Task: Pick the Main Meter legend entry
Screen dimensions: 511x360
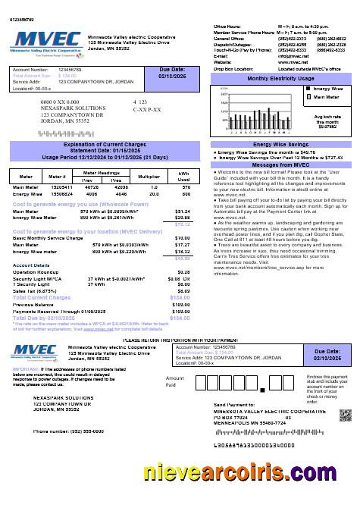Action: [328, 97]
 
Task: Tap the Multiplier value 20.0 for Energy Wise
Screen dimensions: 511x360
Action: [154, 193]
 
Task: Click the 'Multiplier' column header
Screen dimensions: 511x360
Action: [155, 175]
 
